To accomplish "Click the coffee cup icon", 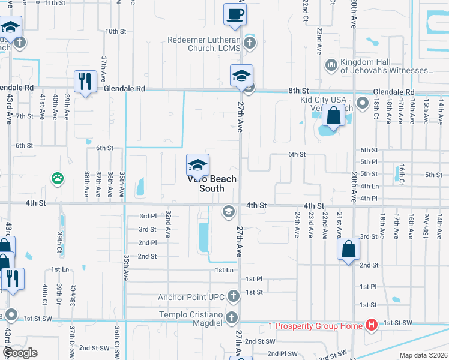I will pos(235,13).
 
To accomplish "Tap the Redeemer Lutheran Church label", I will pos(204,44).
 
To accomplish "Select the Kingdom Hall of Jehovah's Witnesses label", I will pos(387,66).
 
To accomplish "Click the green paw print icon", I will pos(57,178).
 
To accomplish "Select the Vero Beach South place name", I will pos(212,184).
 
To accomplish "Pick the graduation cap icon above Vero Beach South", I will pos(197,164).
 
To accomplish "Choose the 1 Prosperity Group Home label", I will pos(315,325).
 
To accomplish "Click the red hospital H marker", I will pos(372,325).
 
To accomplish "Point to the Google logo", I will pos(20,353).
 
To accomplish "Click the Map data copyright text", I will pos(423,355).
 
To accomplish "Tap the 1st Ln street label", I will pos(224,271).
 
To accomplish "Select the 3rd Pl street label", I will pos(148,216).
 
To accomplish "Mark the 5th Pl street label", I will pos(369,162).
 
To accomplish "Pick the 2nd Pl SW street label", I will pos(282,353).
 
